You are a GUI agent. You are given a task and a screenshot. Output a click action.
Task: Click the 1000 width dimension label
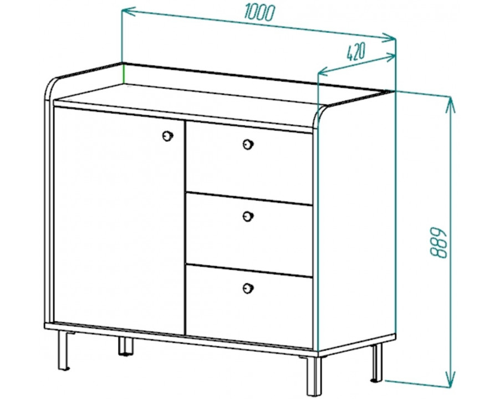pos(259,13)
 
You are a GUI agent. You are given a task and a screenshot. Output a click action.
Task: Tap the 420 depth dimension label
pos(356,52)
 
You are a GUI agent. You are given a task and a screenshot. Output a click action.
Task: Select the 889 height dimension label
pos(439,243)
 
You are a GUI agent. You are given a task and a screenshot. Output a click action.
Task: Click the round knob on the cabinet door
pos(167,136)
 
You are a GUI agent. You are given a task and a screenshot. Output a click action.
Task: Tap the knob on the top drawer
pos(248,145)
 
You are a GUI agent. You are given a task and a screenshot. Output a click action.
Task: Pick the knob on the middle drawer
pos(248,216)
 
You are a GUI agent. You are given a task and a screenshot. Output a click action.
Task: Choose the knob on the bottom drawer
pos(248,289)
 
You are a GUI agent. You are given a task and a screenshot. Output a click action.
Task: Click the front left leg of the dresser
pos(64,351)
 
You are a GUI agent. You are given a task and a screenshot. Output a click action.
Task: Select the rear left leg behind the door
pos(125,346)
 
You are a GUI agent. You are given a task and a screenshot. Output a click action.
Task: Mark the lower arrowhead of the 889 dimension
pos(451,379)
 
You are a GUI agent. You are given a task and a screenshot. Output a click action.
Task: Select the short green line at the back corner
pos(124,74)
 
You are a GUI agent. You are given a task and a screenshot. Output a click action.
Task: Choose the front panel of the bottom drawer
pos(249,306)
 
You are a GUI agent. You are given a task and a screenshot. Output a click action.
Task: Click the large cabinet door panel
pos(119,221)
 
